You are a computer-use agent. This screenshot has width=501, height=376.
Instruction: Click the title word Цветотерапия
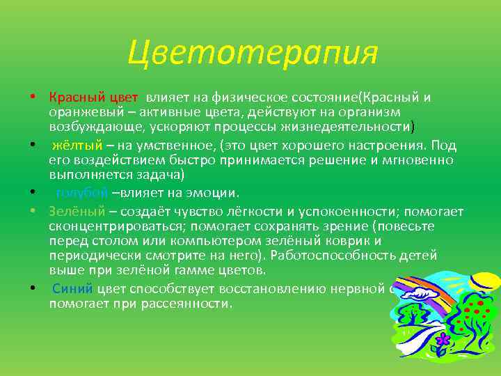click(252, 51)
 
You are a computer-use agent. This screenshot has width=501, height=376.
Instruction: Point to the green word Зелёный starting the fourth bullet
click(77, 211)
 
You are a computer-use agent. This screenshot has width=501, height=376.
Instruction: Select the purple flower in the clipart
click(442, 341)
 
